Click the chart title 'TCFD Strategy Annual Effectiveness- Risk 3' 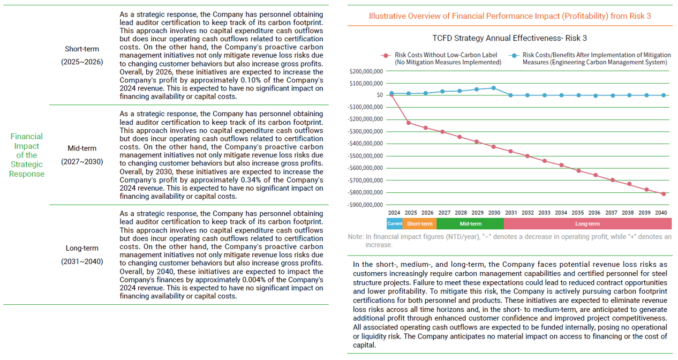tap(509, 38)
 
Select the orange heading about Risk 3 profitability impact tap(510, 16)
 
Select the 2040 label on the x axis tap(661, 213)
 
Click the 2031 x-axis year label tap(511, 213)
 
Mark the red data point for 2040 tap(664, 194)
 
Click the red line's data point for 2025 tap(409, 123)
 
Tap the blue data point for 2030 tap(493, 88)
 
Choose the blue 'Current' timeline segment tap(394, 224)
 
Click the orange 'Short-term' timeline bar tap(419, 224)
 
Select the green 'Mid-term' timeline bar tap(470, 224)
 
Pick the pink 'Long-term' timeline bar tap(587, 224)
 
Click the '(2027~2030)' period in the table tap(82, 161)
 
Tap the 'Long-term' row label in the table tap(82, 248)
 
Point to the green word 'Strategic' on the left tap(27, 164)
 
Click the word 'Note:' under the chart tap(355, 237)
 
